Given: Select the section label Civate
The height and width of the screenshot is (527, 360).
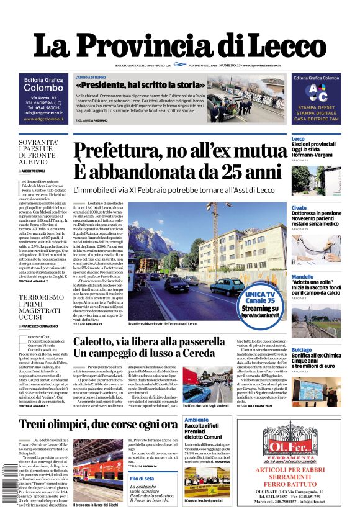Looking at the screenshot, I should [x=299, y=207].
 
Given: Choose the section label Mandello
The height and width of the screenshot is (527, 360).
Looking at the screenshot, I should [x=302, y=277].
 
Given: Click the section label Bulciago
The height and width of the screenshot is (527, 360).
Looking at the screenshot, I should [x=302, y=349].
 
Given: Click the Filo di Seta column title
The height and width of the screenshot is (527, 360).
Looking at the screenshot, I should [x=142, y=478].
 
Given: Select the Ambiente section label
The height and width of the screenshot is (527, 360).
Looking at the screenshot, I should [x=196, y=420].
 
